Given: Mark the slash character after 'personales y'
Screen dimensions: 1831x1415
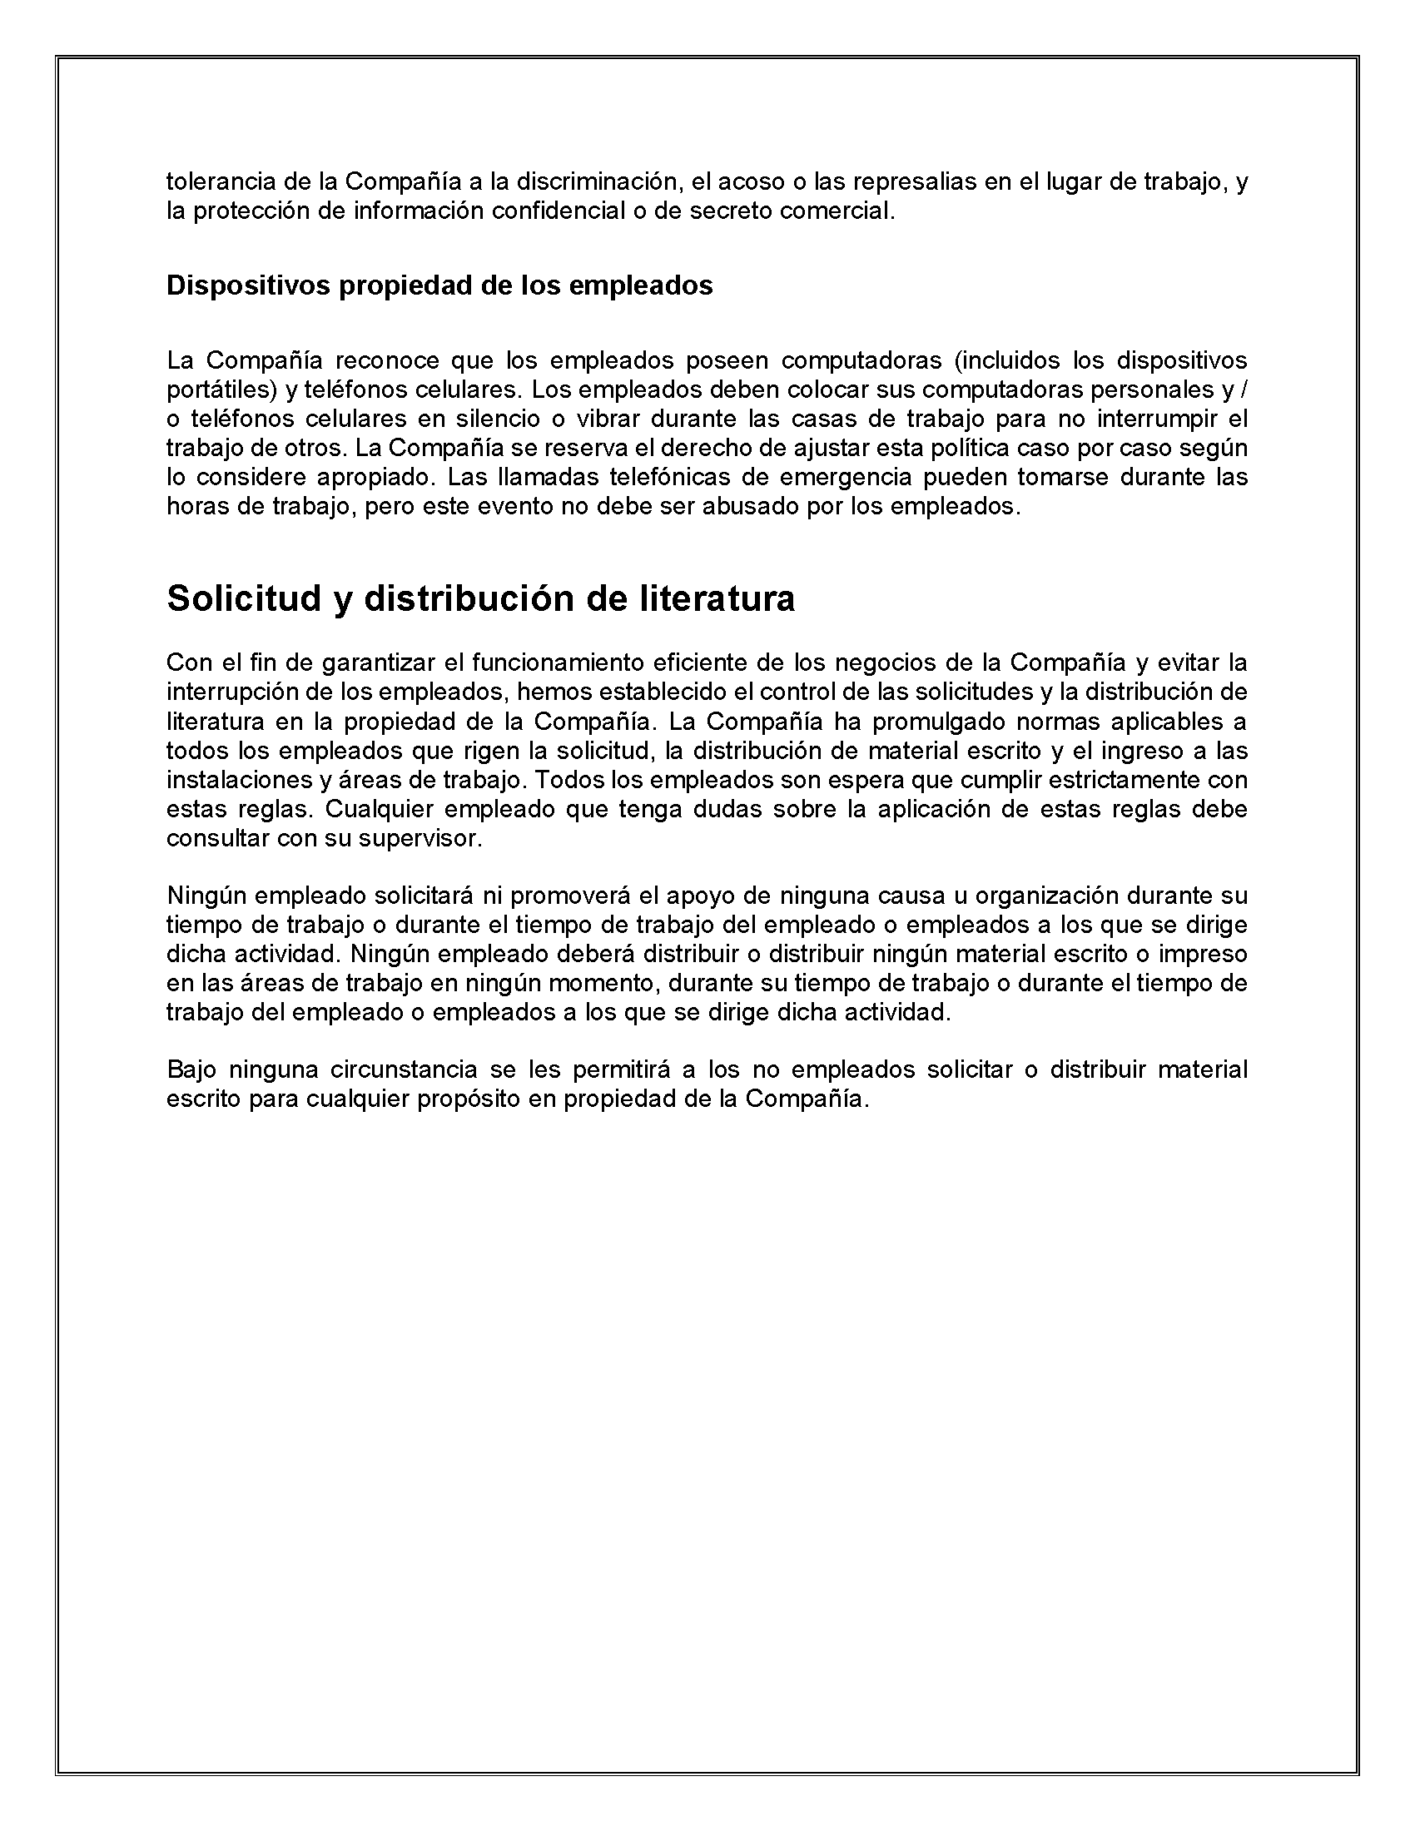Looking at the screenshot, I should tap(1244, 390).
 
